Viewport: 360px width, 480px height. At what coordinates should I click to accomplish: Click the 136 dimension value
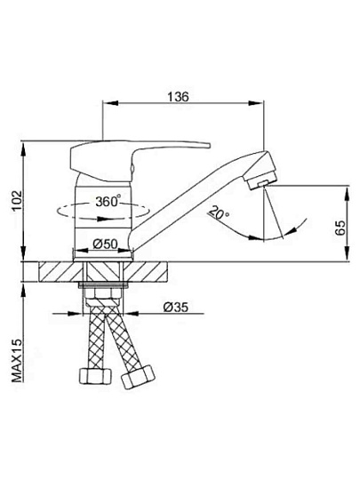(179, 97)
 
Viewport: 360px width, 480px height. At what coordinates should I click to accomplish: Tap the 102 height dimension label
(17, 201)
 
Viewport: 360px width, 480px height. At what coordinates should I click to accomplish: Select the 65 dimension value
(340, 228)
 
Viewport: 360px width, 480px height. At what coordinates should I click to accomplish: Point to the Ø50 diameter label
(105, 244)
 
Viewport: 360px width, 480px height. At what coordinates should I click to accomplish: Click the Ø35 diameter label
(176, 307)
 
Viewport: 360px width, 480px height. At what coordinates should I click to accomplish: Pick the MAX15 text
(17, 361)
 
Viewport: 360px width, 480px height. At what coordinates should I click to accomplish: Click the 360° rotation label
(108, 202)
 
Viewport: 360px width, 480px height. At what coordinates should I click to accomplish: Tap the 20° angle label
(219, 213)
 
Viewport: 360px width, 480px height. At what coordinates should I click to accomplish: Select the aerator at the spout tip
(262, 182)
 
